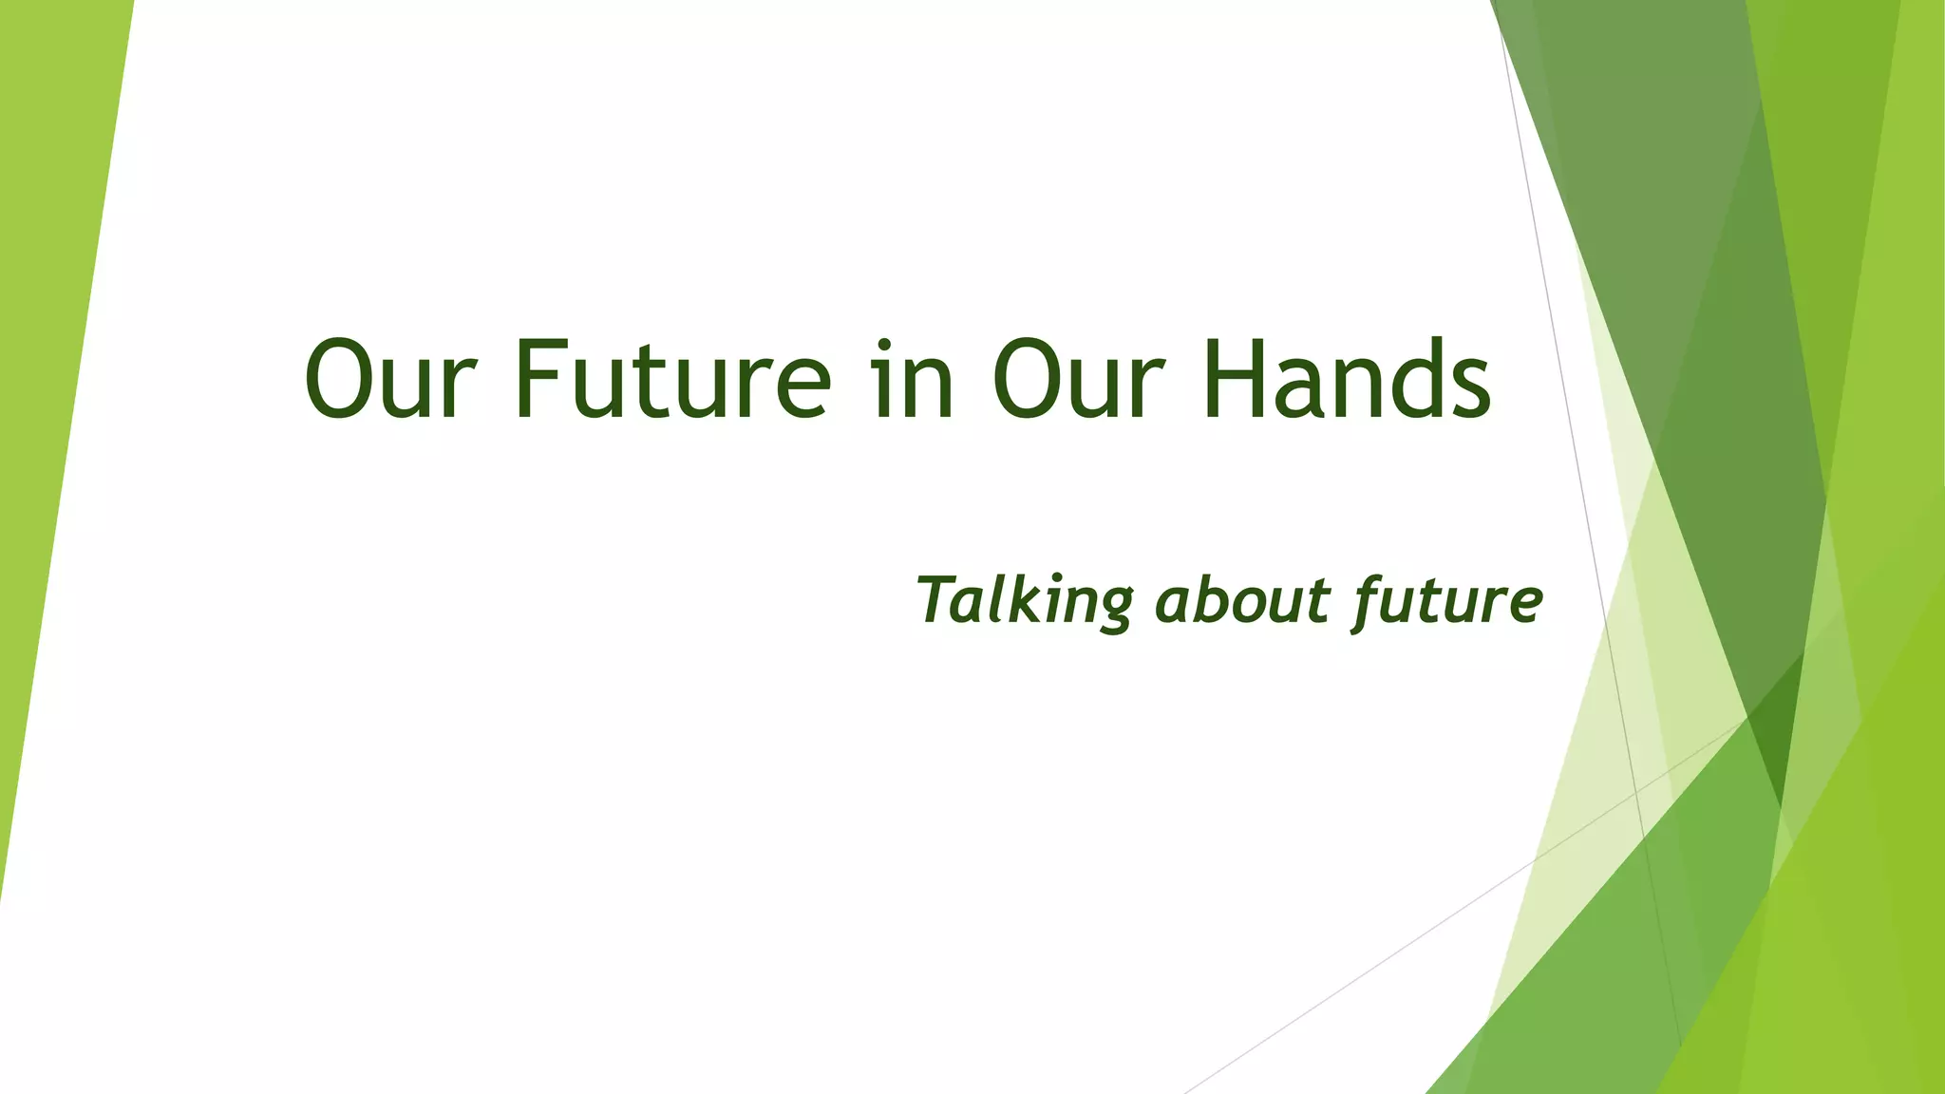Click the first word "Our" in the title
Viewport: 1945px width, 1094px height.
point(388,380)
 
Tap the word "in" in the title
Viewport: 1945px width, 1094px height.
point(913,380)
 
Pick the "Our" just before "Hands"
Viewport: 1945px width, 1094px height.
point(1077,380)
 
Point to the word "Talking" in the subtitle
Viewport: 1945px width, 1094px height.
point(1025,601)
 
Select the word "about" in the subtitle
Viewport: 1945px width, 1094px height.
point(1242,601)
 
